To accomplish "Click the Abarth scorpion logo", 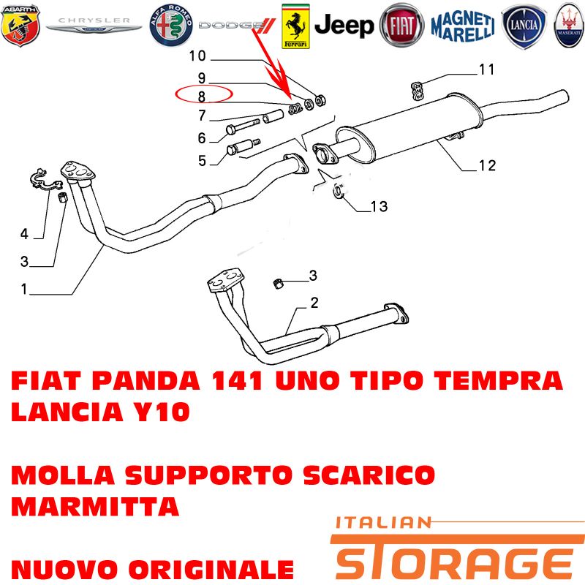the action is [x=20, y=26].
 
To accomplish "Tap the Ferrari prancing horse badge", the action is [x=295, y=26].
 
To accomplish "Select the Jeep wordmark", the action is [x=344, y=26].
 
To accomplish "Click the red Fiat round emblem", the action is [x=401, y=26].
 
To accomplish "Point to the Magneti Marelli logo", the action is [x=463, y=26].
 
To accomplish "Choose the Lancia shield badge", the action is [x=524, y=26].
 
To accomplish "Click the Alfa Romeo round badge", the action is [x=171, y=26].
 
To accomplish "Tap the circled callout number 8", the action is [x=202, y=97].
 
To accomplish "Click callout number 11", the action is [x=486, y=69].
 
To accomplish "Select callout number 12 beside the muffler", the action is [x=487, y=165].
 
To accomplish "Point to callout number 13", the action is [x=379, y=206].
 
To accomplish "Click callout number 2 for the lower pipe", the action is [x=314, y=303].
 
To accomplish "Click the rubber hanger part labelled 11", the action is [x=417, y=91].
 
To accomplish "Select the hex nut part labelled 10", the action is [x=320, y=100].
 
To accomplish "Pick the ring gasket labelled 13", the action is [x=339, y=192].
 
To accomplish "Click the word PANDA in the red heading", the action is [x=146, y=381].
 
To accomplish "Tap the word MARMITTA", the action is [x=95, y=506].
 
